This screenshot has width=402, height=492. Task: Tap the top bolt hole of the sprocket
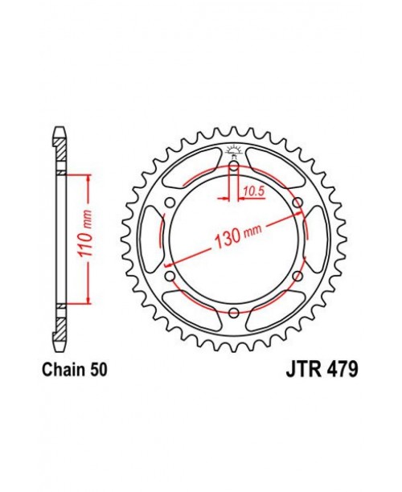pos(233,166)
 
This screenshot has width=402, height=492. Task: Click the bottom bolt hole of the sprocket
pos(233,313)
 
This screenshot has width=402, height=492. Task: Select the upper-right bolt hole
pos(297,203)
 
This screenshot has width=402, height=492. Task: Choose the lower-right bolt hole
pos(297,276)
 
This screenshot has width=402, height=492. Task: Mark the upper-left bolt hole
pos(170,203)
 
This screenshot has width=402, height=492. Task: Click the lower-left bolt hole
pos(170,276)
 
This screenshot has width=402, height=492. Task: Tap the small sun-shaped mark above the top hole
pos(233,150)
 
